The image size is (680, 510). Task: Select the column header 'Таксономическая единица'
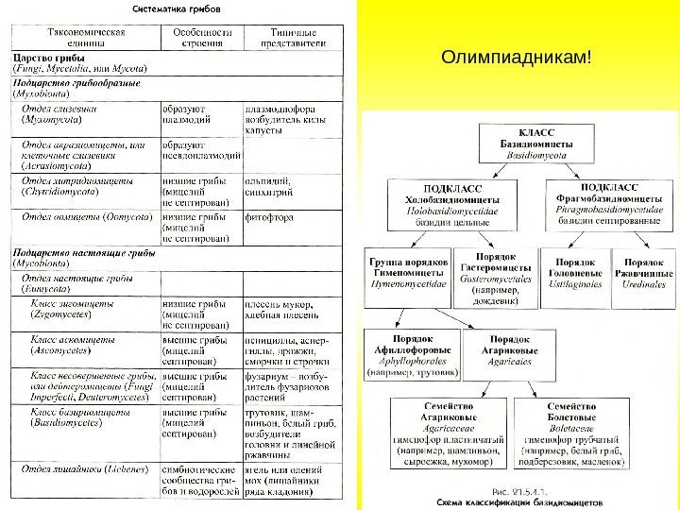click(85, 38)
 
